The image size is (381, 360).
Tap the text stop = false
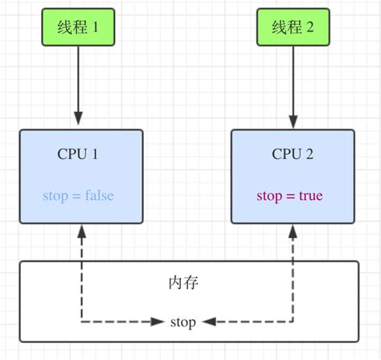click(x=79, y=196)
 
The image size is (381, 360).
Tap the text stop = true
click(x=290, y=196)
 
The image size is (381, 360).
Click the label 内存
click(x=183, y=283)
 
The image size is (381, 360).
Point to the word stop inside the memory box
click(x=183, y=322)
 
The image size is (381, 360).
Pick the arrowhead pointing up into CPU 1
click(x=80, y=231)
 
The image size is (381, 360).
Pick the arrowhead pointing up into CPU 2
click(x=292, y=231)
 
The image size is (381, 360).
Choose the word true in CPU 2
click(x=309, y=196)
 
